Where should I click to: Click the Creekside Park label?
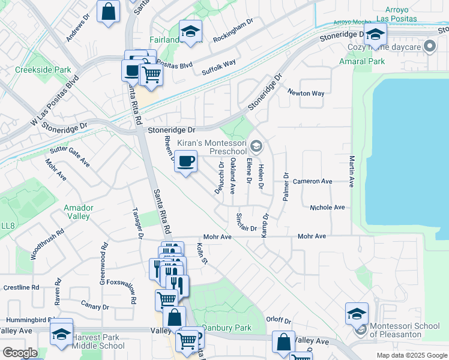(x=43, y=70)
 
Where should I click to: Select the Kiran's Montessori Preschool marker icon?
(x=256, y=146)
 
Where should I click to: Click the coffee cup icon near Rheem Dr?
(x=186, y=161)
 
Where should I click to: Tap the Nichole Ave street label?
(x=327, y=208)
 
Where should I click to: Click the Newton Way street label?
(x=306, y=93)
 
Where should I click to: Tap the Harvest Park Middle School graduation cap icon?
(x=61, y=332)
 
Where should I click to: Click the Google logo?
(x=19, y=353)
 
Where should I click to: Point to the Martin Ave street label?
(x=352, y=171)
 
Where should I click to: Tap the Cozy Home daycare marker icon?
(x=430, y=46)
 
